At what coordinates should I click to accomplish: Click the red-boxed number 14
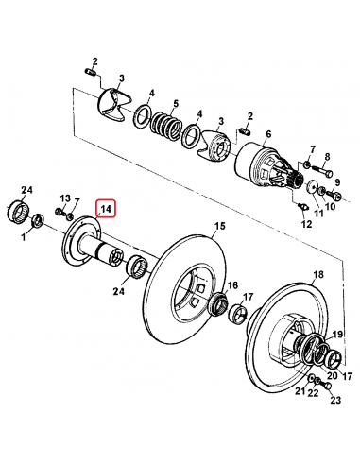coord(105,209)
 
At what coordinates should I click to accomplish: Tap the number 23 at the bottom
coord(334,400)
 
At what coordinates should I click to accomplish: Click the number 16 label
coord(233,286)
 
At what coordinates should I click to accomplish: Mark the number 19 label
coord(335,336)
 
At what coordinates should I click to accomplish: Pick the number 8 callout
coord(327,157)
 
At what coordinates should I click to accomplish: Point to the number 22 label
coord(313,393)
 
